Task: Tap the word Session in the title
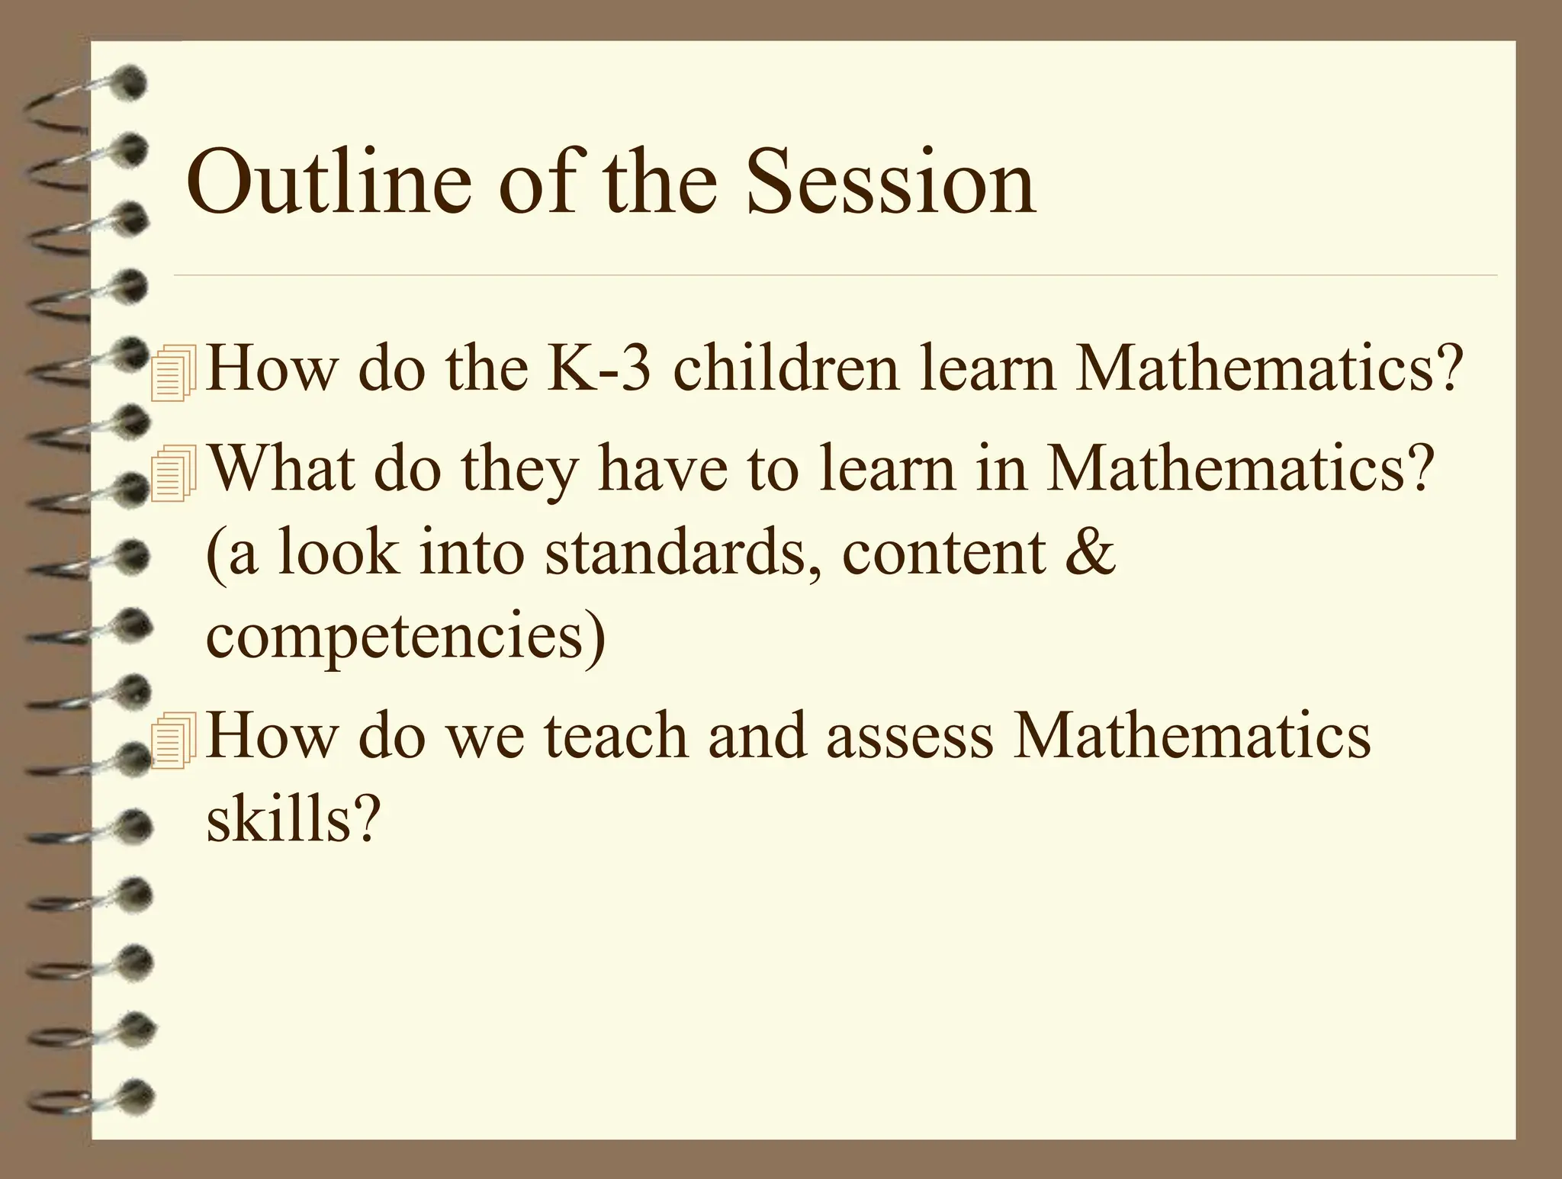(x=890, y=183)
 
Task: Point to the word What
(x=281, y=468)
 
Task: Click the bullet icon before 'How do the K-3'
(x=174, y=373)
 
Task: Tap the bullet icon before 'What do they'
(x=174, y=475)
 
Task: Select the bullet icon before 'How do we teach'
(x=174, y=740)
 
